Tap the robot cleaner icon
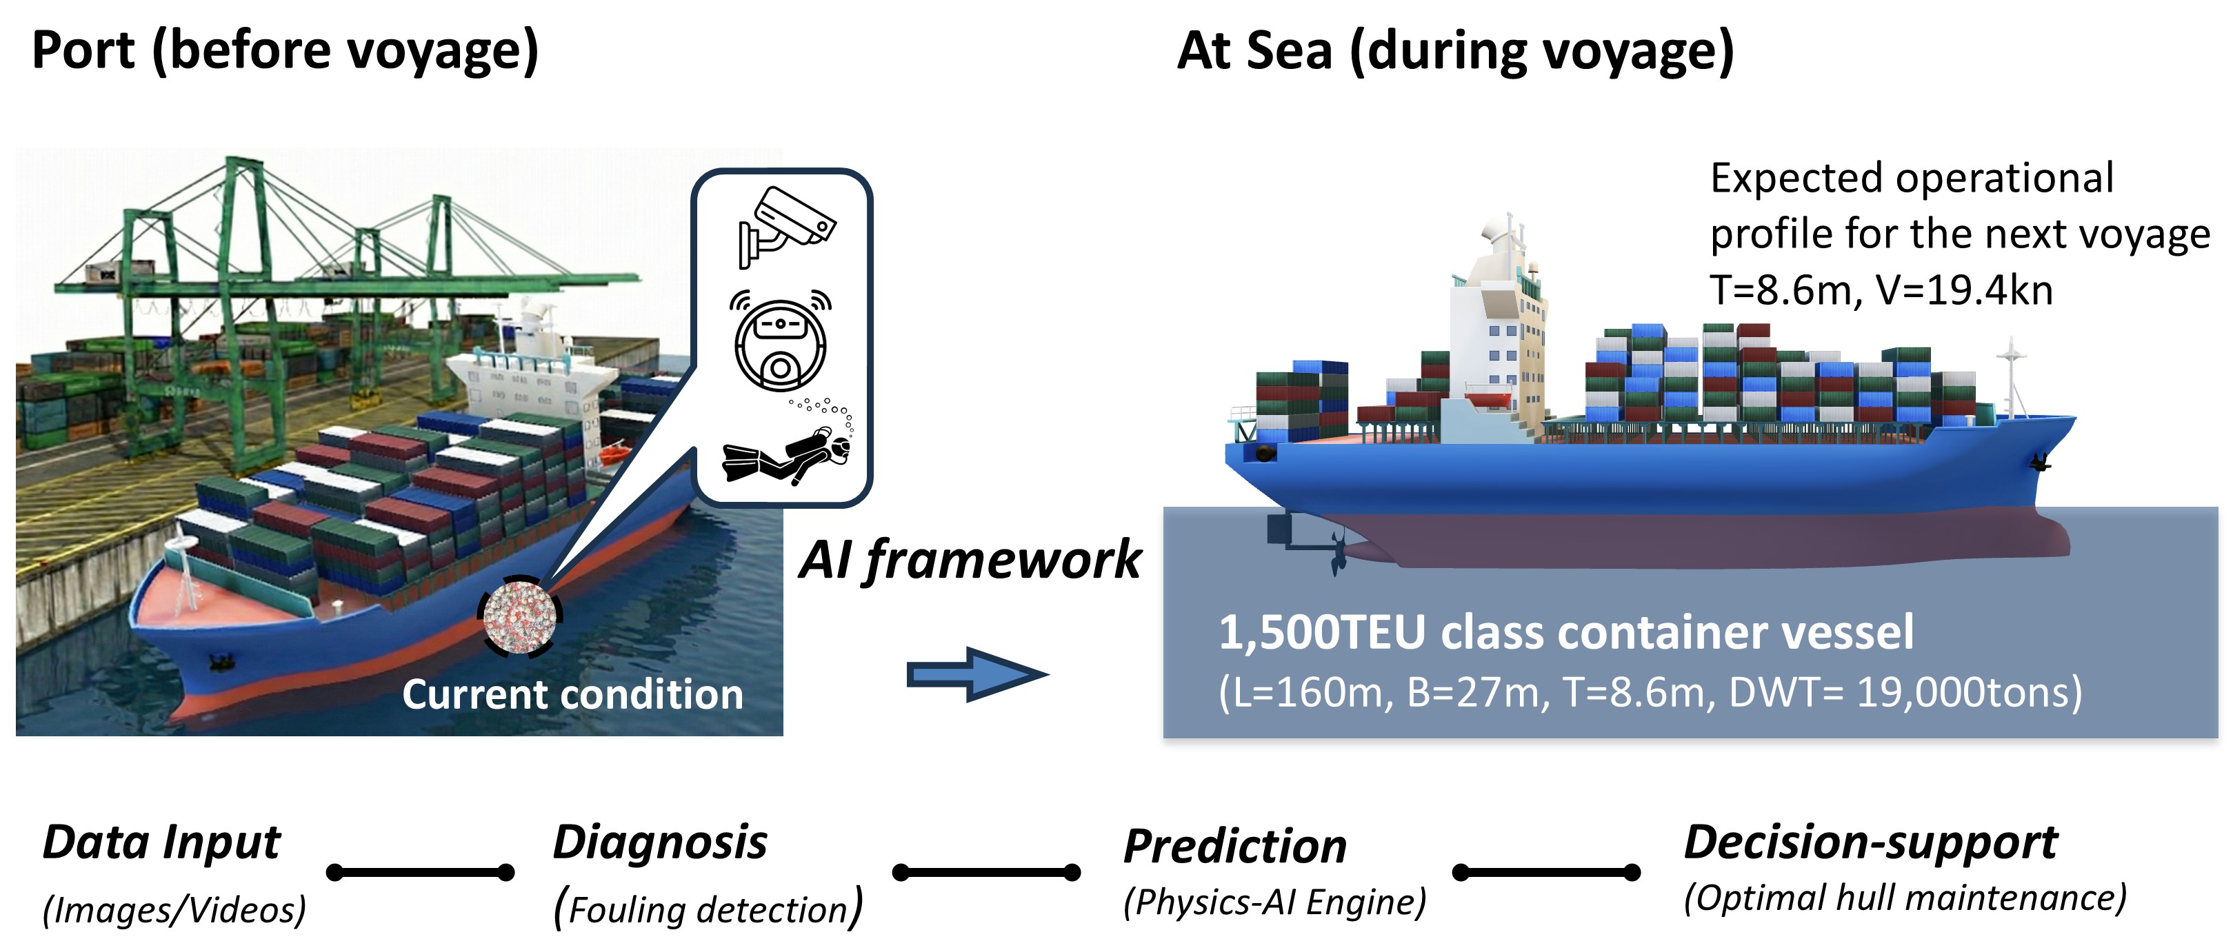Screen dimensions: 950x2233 tap(780, 343)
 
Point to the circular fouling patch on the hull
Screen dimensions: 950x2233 tap(519, 616)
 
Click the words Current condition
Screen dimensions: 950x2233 tap(572, 694)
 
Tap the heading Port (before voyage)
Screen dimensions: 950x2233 tap(284, 50)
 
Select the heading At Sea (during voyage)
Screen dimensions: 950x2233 tap(1455, 50)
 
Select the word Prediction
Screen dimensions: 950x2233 tap(1234, 846)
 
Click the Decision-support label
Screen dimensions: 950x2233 tap(1870, 842)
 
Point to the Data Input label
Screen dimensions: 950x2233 tap(161, 842)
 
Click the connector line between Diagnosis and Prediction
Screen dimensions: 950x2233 tap(985, 872)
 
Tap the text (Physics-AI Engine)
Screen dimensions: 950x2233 tap(1274, 902)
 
